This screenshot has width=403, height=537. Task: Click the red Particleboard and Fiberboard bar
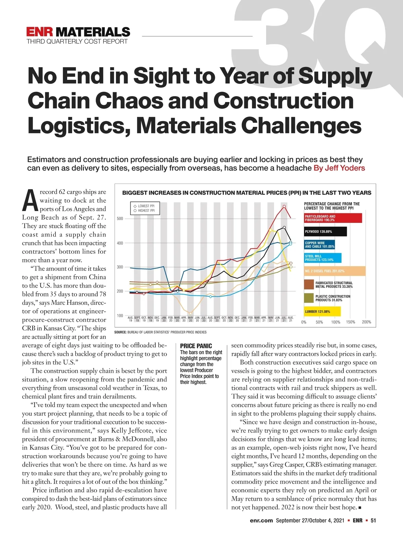333,218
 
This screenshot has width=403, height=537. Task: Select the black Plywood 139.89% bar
325,232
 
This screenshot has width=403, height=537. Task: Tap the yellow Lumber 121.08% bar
322,311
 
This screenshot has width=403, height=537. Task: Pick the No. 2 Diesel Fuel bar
334,271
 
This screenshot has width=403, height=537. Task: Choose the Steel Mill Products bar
322,258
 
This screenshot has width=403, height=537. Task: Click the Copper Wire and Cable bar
319,245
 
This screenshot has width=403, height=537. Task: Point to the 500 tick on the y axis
120,218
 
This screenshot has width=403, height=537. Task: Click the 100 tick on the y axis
120,315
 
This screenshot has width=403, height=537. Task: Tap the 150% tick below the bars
350,322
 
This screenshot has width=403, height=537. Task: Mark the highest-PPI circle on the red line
284,206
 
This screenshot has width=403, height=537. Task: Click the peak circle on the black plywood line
284,227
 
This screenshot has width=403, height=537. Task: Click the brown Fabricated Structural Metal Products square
309,285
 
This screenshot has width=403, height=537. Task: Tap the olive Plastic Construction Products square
309,298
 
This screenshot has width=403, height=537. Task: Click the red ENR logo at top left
39,32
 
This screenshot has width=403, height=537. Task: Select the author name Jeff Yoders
339,168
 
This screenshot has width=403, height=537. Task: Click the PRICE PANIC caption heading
196,346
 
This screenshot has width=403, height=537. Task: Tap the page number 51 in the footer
373,521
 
